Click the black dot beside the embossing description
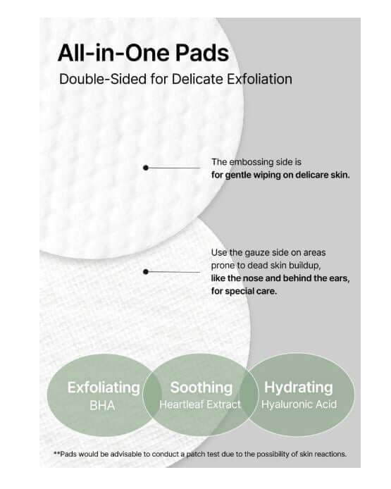click(146, 168)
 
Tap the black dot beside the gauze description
click(146, 271)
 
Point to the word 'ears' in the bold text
click(338, 278)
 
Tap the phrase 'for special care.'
click(244, 290)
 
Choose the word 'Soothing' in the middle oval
click(201, 388)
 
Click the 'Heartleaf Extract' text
click(201, 404)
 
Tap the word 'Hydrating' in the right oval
click(298, 388)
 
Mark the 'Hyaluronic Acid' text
click(298, 404)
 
